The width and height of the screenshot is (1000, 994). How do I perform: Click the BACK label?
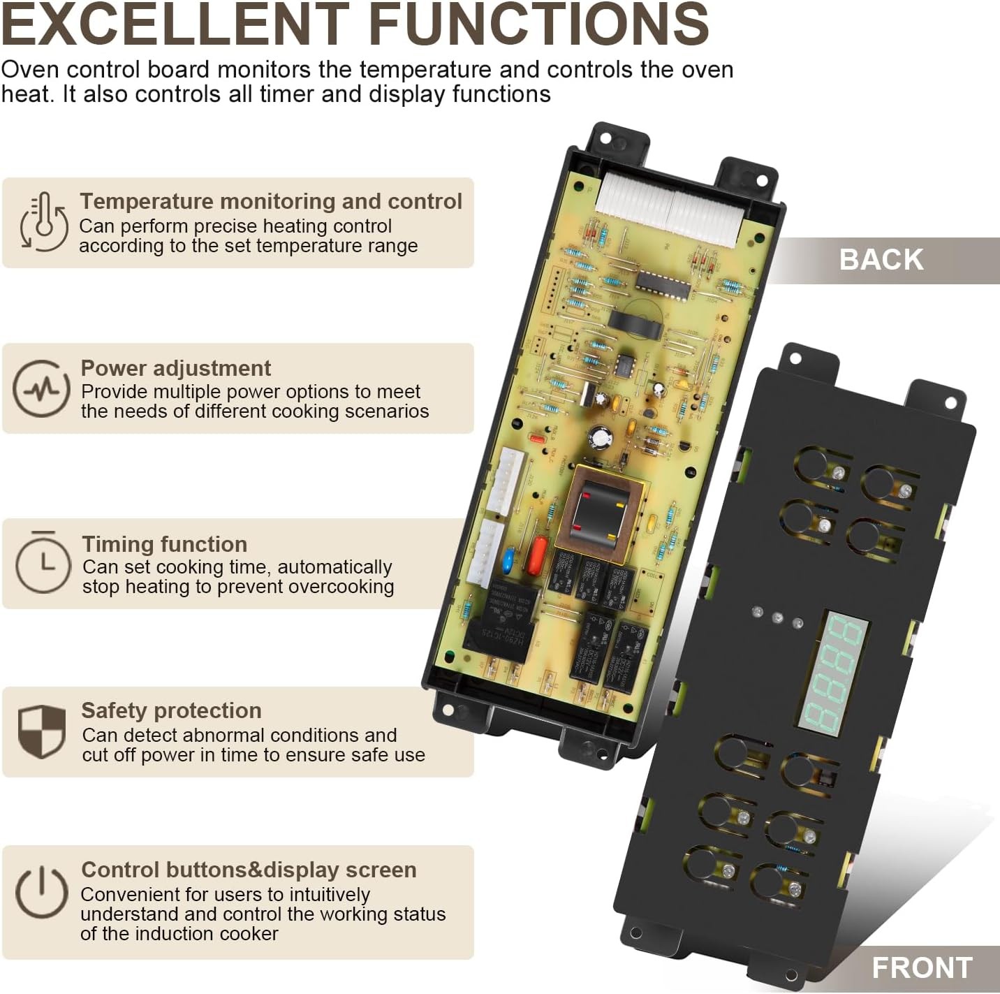click(881, 260)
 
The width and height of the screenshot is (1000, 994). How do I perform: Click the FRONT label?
click(921, 968)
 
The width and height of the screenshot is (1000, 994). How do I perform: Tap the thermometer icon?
click(43, 221)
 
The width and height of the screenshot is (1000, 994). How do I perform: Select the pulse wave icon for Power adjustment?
click(41, 388)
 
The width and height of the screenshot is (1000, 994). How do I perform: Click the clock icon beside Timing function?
click(43, 562)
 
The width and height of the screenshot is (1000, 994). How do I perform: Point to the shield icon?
click(42, 731)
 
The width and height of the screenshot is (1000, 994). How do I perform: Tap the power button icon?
click(42, 892)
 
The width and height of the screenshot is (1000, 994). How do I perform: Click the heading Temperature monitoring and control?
click(270, 201)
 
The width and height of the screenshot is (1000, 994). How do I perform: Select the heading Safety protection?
click(171, 710)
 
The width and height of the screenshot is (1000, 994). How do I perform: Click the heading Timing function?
click(164, 544)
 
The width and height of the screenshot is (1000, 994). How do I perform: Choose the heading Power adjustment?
click(175, 368)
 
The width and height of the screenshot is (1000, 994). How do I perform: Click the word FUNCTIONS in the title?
click(538, 24)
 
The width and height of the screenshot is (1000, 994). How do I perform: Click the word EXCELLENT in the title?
click(175, 24)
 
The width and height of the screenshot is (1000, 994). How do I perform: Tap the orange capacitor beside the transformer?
click(539, 553)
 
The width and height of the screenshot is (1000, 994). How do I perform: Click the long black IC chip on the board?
click(662, 283)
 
